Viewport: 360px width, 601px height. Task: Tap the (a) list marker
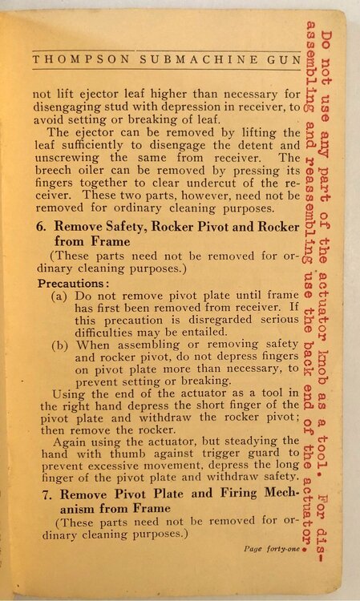tap(59, 296)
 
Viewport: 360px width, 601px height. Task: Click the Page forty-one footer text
tap(269, 550)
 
